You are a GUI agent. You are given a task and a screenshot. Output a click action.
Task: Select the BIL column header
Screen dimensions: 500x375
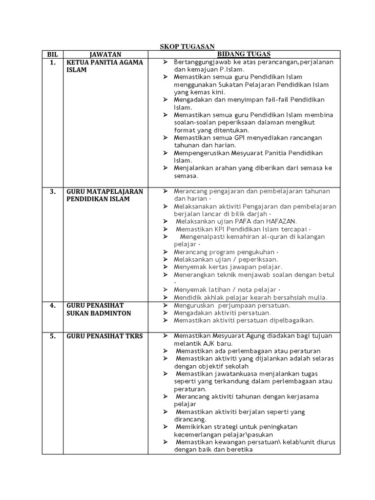click(x=52, y=54)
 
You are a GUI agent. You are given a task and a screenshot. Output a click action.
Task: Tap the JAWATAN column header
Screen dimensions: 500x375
click(x=105, y=54)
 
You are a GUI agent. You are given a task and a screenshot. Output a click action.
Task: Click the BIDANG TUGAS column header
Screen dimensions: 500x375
click(x=244, y=54)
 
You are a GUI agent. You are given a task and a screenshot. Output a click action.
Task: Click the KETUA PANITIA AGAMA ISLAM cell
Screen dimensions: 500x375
click(x=104, y=66)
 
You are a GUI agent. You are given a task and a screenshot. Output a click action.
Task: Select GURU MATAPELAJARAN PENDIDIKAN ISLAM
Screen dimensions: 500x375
click(x=105, y=195)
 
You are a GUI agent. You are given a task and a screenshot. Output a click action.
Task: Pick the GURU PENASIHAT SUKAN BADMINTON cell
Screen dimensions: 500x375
click(x=99, y=310)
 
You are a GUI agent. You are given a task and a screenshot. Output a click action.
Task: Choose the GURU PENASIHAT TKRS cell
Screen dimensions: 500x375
click(x=104, y=336)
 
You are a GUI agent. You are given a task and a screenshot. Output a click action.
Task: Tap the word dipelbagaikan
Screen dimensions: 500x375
click(x=290, y=320)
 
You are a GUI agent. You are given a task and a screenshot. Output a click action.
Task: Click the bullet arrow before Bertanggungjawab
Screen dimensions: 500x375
click(x=166, y=62)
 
